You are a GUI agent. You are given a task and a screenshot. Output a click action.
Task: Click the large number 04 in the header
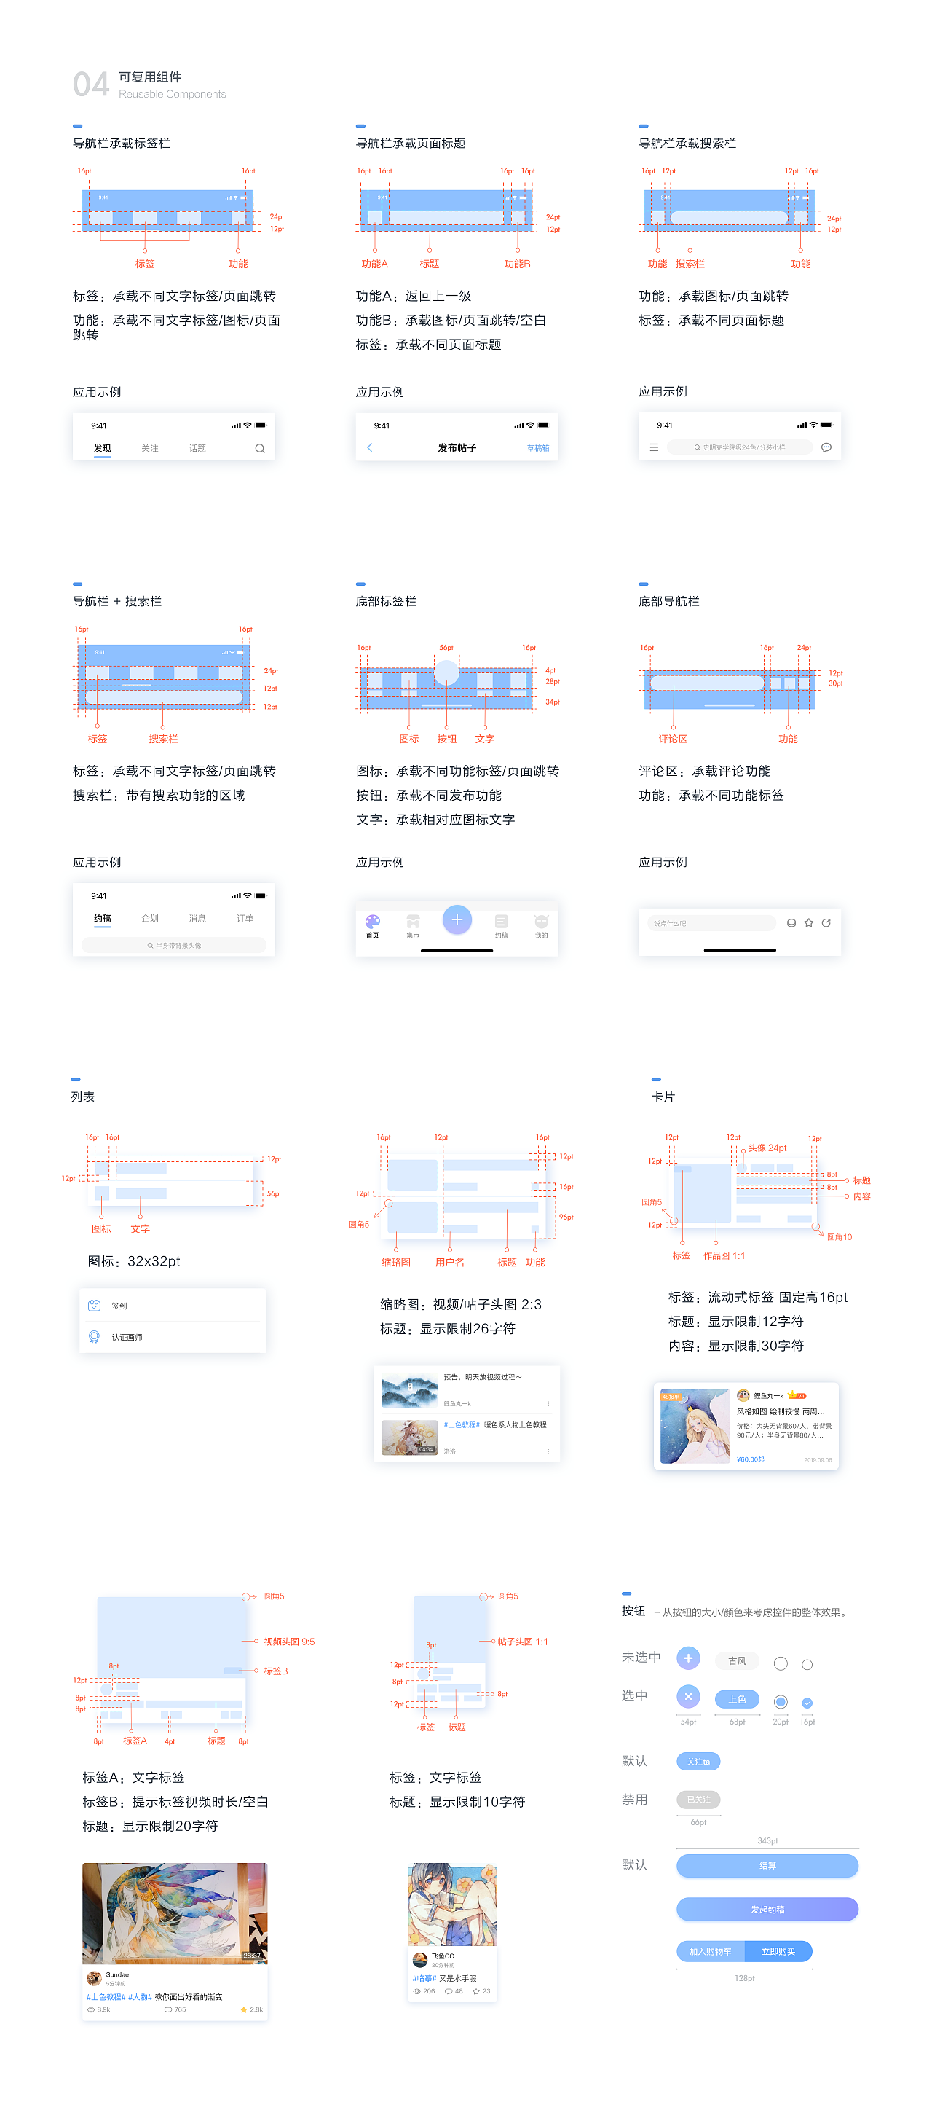coord(90,85)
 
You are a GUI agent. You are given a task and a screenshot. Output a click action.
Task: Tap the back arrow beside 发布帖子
coord(370,447)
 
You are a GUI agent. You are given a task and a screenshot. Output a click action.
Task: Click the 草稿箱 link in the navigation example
coord(537,448)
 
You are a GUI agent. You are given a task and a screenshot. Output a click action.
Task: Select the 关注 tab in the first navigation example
coord(149,448)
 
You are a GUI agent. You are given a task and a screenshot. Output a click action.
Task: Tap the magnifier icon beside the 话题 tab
coord(260,448)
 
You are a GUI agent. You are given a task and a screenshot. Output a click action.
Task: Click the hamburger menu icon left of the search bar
coord(654,447)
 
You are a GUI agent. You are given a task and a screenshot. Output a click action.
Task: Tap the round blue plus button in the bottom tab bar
coord(457,919)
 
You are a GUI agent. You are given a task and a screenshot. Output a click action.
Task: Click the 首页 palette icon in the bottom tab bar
coord(373,922)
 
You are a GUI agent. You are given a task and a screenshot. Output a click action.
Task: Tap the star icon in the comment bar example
coord(809,922)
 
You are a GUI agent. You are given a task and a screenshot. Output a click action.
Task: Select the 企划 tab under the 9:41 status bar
coord(149,919)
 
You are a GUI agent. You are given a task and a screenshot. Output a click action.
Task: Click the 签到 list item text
coord(120,1306)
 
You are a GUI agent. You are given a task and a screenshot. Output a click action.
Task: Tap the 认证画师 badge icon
coord(95,1337)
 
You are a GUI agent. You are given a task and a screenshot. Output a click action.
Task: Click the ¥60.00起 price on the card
coord(751,1459)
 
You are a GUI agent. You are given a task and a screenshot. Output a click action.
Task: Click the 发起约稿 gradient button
coord(767,1909)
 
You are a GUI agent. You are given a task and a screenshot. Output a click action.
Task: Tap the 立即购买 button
coord(778,1951)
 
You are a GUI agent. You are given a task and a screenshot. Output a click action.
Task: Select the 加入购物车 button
coord(710,1951)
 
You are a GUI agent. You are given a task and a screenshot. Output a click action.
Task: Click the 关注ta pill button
coord(698,1761)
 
